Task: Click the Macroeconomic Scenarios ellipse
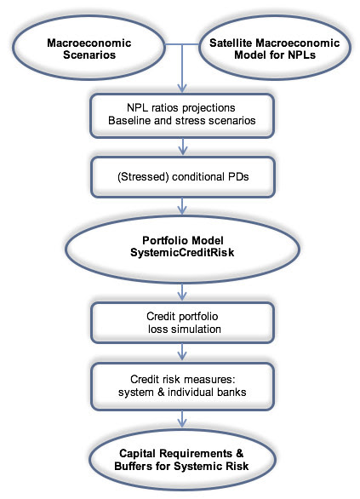click(x=89, y=48)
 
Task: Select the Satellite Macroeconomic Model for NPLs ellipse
click(x=275, y=48)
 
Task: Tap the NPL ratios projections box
click(x=182, y=116)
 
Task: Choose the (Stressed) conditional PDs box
click(x=183, y=177)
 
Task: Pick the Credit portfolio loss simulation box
click(x=182, y=323)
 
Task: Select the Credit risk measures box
click(x=182, y=387)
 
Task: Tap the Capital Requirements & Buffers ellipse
click(x=182, y=460)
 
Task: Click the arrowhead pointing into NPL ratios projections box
click(x=182, y=89)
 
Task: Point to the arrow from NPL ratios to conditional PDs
click(x=182, y=147)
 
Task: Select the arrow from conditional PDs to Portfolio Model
click(x=182, y=206)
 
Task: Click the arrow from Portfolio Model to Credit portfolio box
click(x=182, y=292)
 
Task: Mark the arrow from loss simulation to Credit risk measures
click(x=182, y=353)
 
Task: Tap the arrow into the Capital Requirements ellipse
click(x=182, y=419)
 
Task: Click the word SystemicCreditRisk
click(x=182, y=253)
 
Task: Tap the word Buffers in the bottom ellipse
click(x=134, y=467)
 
